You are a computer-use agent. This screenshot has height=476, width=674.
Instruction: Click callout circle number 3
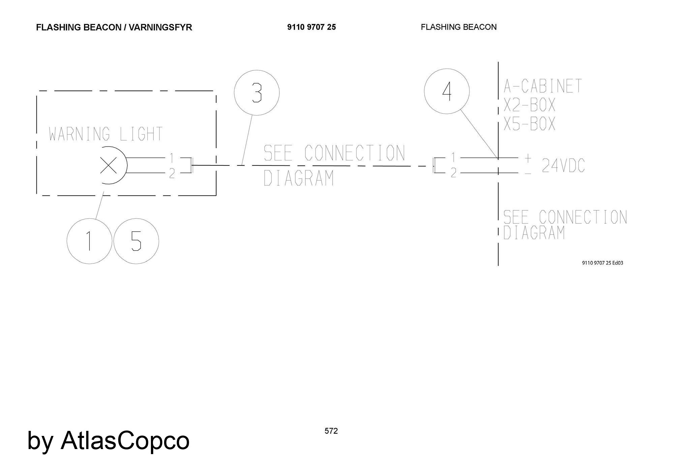coord(257,93)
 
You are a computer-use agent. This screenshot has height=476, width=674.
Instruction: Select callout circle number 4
coord(447,91)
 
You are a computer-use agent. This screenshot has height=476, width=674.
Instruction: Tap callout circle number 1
coord(89,241)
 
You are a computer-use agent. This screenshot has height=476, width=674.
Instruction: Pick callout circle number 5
coord(136,241)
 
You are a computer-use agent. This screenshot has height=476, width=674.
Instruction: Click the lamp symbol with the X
coord(109,165)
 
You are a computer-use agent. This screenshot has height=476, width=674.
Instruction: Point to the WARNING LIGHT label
coord(106,134)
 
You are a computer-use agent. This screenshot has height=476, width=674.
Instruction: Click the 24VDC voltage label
coord(563,165)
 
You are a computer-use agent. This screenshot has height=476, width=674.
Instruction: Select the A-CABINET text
coord(543,86)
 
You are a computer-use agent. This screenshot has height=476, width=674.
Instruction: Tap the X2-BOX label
coord(529,105)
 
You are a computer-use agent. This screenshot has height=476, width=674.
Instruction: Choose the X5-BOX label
coord(529,124)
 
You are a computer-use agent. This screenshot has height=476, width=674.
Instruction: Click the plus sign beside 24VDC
coord(528,157)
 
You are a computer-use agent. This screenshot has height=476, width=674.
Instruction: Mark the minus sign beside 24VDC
coord(528,173)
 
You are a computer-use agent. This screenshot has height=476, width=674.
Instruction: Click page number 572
coord(331,431)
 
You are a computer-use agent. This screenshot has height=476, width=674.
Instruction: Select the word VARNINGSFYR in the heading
coord(160,27)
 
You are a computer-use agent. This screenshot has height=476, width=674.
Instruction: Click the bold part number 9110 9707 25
coord(311,27)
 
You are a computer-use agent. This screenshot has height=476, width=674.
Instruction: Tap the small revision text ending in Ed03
coord(603,263)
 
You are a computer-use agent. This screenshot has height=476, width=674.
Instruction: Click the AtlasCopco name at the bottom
coord(125,440)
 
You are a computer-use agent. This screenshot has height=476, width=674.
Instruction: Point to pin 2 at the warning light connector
coord(172,174)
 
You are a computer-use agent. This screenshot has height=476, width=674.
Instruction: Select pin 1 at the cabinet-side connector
coord(454,157)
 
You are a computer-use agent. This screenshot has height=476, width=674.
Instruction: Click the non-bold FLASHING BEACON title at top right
coord(459,27)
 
